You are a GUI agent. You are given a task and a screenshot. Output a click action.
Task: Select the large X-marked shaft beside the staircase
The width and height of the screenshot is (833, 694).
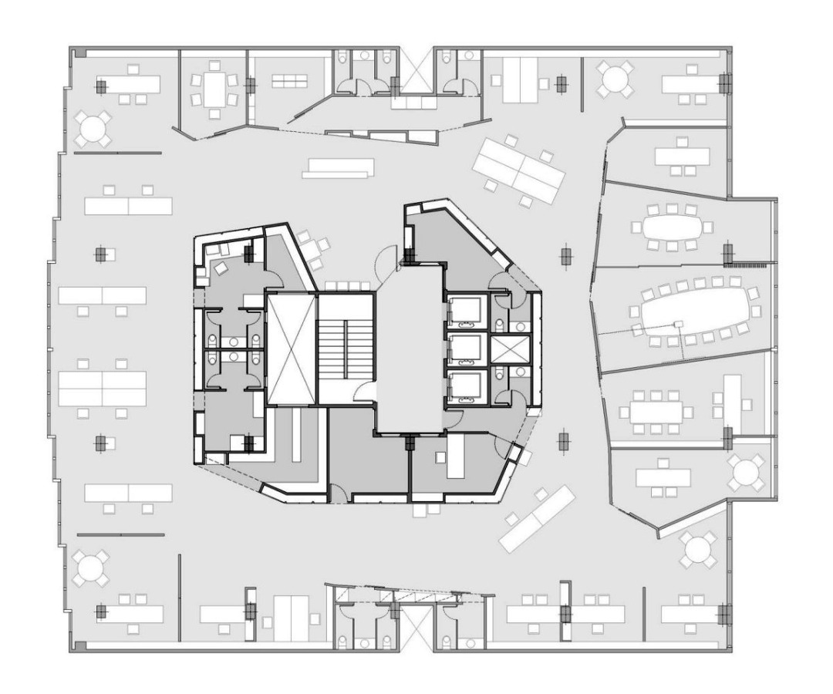pos(292,348)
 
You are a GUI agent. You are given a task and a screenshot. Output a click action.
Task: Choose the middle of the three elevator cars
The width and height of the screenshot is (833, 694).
pos(467,349)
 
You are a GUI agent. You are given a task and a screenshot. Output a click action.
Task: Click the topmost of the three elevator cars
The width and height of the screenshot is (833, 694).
pos(467,312)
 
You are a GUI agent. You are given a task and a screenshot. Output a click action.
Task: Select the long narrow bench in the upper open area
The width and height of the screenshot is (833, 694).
pos(339,167)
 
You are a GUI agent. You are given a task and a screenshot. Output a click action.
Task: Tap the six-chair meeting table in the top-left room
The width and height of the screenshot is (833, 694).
pos(214,90)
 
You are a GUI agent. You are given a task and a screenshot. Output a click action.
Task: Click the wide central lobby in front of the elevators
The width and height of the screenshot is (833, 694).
pos(410,347)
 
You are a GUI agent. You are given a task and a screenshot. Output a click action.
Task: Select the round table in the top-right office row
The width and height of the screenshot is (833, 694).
pos(615,79)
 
